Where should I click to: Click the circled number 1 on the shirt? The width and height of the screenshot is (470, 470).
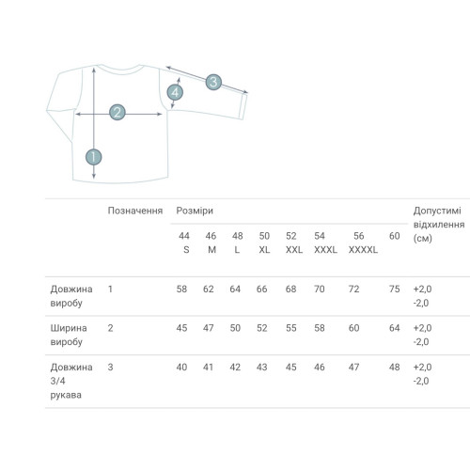click(x=94, y=157)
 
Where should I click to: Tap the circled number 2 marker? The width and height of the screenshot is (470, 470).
click(x=117, y=112)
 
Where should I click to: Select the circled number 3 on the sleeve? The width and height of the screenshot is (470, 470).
click(x=213, y=82)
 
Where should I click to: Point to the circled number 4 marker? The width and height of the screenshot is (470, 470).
click(x=175, y=92)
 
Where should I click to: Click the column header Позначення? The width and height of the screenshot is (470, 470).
click(x=135, y=211)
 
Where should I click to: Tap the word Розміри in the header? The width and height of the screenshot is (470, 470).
click(x=195, y=211)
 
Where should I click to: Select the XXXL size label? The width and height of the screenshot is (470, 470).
click(x=325, y=250)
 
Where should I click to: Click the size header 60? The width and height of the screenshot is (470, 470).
click(x=394, y=236)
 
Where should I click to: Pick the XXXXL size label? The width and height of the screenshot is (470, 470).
click(x=363, y=250)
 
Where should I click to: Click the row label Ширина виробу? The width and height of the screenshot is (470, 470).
click(x=69, y=335)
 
